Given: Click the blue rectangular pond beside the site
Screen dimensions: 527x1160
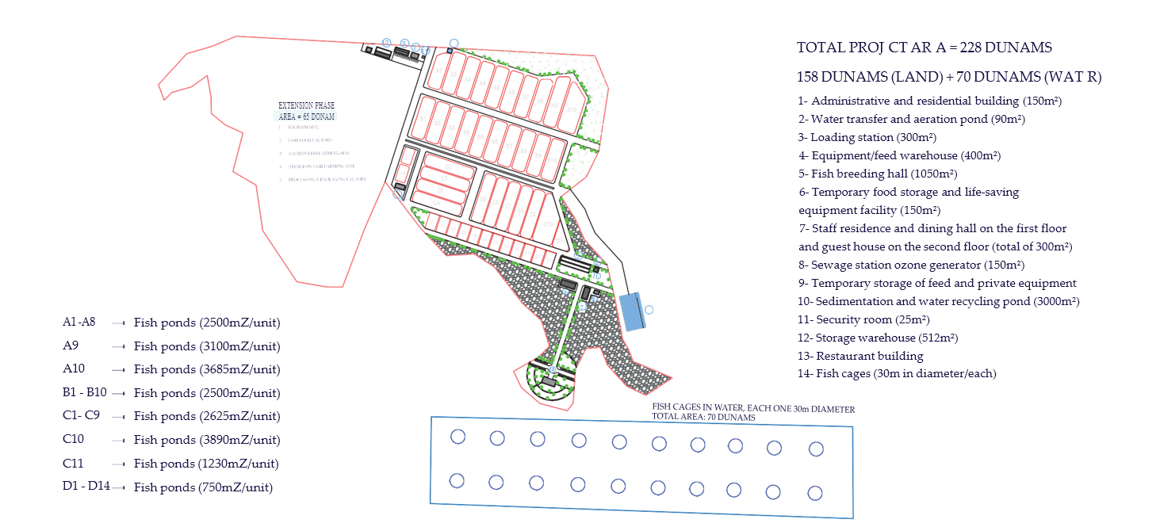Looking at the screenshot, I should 631,311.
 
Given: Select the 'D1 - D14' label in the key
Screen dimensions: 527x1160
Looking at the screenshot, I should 86,486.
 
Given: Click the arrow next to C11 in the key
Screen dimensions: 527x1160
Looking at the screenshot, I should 120,464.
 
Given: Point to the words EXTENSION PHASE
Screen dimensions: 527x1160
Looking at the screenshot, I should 306,105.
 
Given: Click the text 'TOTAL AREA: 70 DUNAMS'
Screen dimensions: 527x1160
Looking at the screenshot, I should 703,417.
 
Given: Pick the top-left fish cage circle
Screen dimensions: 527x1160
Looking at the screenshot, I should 457,437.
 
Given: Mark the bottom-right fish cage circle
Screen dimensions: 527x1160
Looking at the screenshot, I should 815,492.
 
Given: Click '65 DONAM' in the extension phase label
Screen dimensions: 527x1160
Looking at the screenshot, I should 319,116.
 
